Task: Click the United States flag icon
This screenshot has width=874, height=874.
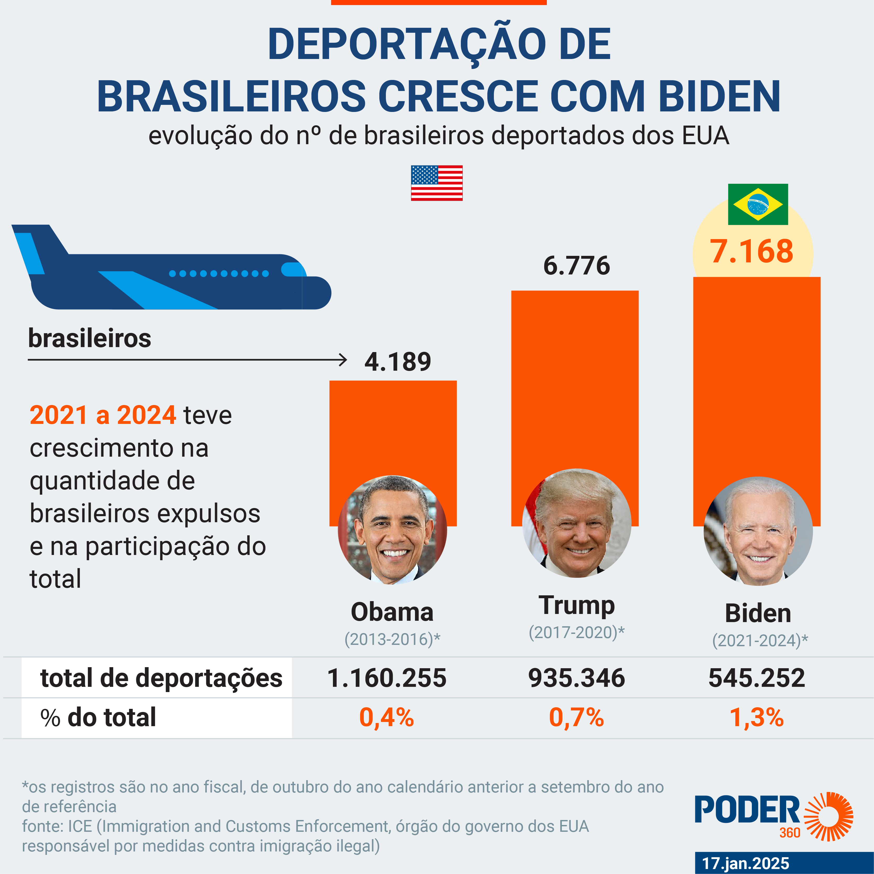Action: click(436, 183)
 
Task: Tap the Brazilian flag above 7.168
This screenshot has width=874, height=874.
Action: click(758, 204)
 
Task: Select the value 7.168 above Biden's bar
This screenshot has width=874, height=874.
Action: click(751, 251)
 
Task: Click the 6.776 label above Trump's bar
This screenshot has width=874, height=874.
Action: click(576, 266)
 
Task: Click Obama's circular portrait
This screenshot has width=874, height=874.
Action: click(392, 529)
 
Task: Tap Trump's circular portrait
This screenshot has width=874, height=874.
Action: click(576, 523)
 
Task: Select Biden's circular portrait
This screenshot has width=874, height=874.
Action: click(758, 531)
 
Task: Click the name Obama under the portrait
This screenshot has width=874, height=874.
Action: click(392, 612)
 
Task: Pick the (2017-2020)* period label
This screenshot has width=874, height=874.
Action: click(576, 632)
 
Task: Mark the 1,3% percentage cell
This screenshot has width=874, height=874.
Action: click(756, 717)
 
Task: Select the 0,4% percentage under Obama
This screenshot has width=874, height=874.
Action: click(386, 717)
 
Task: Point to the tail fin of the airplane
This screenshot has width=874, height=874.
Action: click(36, 246)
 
